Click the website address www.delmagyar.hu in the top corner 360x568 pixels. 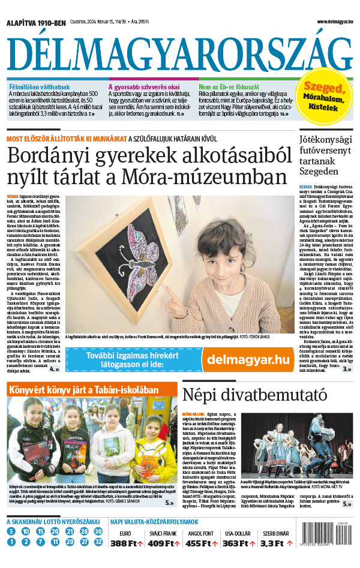329,22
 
